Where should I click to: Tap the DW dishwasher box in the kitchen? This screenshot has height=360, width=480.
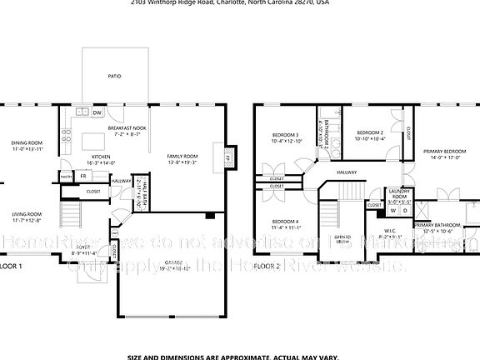[x=97, y=113]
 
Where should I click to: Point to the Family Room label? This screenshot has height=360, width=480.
[x=182, y=160]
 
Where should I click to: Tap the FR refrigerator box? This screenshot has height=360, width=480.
[x=83, y=176]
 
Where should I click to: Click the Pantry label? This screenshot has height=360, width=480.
[x=65, y=176]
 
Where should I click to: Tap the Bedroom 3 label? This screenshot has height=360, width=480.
[x=285, y=137]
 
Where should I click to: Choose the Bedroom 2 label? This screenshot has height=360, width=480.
[x=370, y=135]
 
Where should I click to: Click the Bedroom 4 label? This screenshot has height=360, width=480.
[x=285, y=224]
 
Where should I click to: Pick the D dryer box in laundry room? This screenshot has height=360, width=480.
[x=405, y=211]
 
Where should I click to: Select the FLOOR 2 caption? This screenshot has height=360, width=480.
[x=267, y=266]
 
